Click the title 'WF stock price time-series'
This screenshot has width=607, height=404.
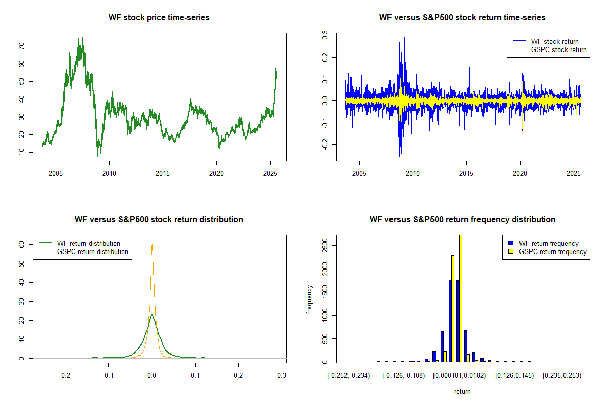point(159,18)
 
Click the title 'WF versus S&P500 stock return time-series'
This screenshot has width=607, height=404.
point(462,18)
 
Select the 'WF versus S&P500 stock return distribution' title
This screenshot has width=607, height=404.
point(159,220)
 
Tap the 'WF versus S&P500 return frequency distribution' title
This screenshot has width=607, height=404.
point(462,220)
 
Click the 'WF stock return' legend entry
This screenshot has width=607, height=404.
point(554,41)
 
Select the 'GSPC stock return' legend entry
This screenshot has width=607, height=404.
point(558,49)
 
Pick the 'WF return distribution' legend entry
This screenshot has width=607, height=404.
point(89,243)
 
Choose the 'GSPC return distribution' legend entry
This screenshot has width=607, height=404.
point(93,251)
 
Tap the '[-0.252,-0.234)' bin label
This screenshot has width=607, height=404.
point(349,376)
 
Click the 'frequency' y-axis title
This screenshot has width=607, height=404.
point(309,299)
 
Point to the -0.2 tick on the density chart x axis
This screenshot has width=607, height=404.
point(65,376)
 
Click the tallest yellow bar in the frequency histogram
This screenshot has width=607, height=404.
point(460,298)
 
